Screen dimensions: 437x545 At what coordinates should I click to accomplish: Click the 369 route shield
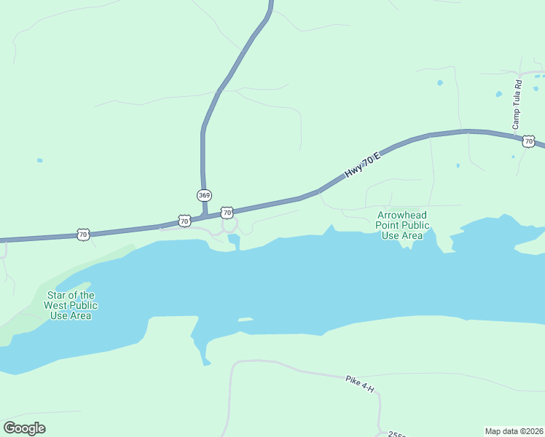tap(204, 195)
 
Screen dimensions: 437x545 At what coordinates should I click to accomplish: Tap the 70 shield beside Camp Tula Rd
tap(529, 141)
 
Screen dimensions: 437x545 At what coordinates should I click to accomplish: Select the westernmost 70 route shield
tap(82, 235)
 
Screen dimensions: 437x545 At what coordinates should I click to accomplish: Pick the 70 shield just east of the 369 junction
tap(227, 213)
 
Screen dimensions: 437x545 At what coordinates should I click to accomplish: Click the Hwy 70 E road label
tap(363, 164)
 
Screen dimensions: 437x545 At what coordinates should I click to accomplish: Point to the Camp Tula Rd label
tap(517, 105)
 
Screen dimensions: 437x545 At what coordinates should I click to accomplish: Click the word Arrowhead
tap(402, 215)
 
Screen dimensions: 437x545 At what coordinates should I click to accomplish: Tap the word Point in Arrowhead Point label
tap(389, 225)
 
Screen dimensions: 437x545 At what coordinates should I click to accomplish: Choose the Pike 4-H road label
tap(360, 384)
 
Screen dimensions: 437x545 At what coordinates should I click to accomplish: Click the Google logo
tap(24, 428)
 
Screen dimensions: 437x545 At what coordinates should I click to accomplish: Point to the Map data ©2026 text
tap(514, 431)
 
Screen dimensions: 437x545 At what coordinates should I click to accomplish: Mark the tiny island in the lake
tap(245, 319)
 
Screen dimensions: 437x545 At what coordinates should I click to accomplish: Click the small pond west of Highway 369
tap(39, 160)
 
